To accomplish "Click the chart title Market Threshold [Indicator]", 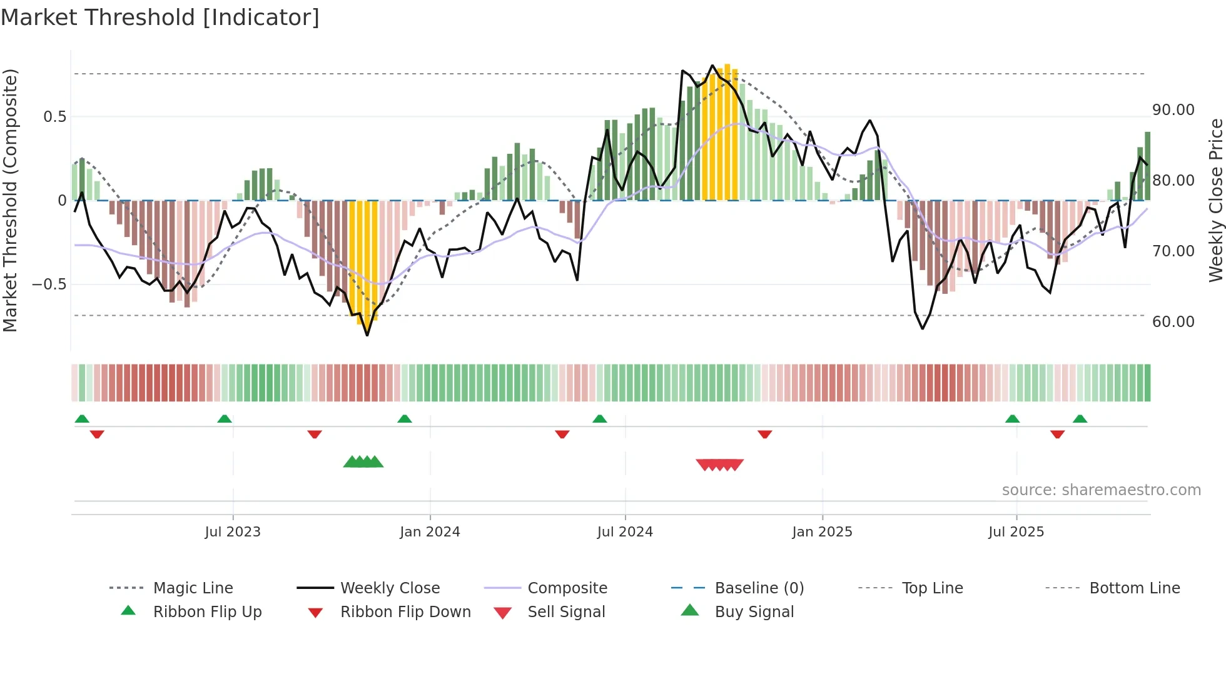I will [x=160, y=18].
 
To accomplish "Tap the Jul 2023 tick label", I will [x=233, y=532].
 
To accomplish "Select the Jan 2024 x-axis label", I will [x=430, y=532].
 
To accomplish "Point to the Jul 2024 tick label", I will [x=625, y=532].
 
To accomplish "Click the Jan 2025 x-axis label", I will [x=822, y=532].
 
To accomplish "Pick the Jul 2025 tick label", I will [x=1016, y=532].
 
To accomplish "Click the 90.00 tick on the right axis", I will [x=1173, y=110].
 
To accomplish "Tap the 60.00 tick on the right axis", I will [x=1173, y=322].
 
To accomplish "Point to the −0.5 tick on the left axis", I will [x=49, y=284].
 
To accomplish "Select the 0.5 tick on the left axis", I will [x=54, y=117].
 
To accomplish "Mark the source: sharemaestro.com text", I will [x=1101, y=490].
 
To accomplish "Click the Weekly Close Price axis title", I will [x=1215, y=200].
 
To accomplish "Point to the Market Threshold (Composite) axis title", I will [x=10, y=200].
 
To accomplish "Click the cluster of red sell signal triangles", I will [x=719, y=465].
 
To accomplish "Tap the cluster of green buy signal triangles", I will [x=363, y=462].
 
